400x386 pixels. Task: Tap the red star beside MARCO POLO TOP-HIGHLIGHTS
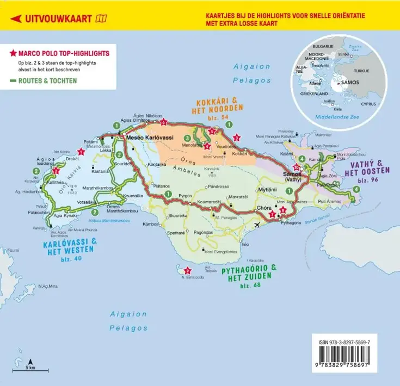click(x=13, y=53)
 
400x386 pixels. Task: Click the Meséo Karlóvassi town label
click(x=149, y=138)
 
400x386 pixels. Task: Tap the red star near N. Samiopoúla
click(x=187, y=271)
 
